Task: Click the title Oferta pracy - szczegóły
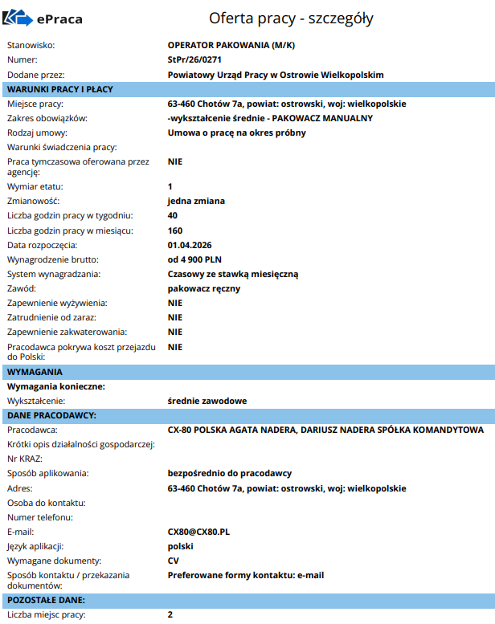(x=291, y=18)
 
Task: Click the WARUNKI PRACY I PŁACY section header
(x=60, y=89)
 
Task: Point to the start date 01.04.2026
(x=190, y=245)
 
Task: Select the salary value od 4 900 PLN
(x=194, y=259)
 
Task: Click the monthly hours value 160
(x=175, y=230)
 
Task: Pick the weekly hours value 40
(x=173, y=216)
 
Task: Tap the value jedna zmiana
(x=196, y=201)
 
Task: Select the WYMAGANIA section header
(x=35, y=372)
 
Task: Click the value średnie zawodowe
(x=207, y=401)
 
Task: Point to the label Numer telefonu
(x=40, y=517)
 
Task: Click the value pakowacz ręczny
(x=204, y=288)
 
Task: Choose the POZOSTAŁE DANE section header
(x=46, y=600)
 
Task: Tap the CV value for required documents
(x=174, y=561)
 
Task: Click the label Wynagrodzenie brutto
(x=53, y=259)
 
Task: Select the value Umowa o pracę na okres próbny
(x=236, y=133)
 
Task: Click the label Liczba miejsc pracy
(x=46, y=614)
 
